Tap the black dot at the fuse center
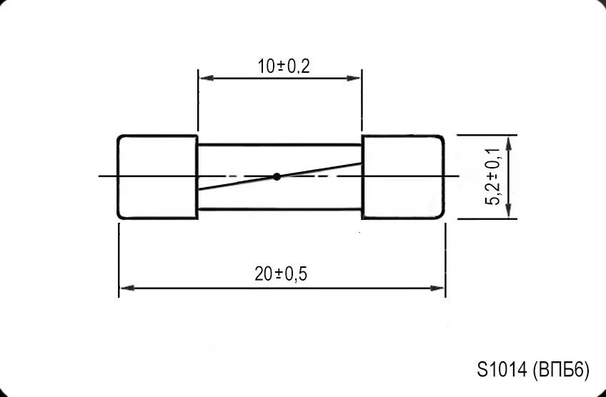[277, 176]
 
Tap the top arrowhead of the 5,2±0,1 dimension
[507, 140]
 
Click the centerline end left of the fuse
[99, 176]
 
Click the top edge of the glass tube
[279, 145]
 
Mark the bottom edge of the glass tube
[279, 208]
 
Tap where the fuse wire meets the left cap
[198, 190]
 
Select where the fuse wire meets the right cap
[362, 163]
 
